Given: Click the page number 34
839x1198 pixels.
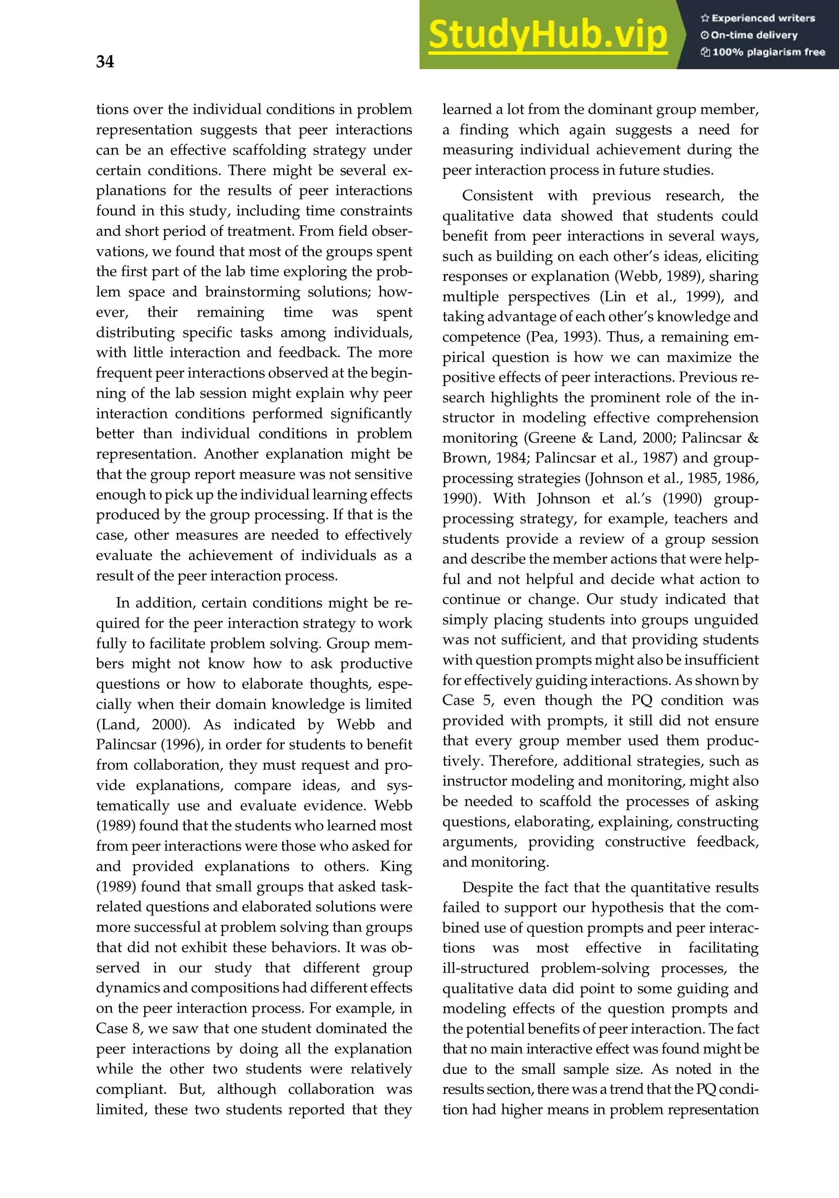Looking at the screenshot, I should [105, 61].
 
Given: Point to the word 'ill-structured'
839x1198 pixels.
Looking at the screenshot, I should [485, 968].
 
